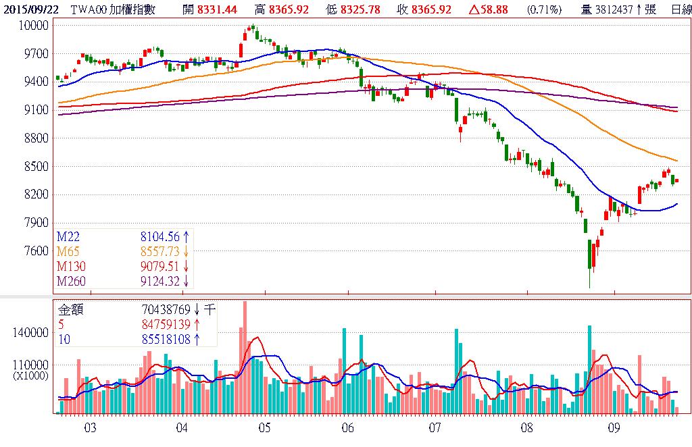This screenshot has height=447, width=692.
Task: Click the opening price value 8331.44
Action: (219, 9)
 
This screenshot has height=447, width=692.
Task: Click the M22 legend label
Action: (68, 236)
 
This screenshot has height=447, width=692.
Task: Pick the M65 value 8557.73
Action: (159, 251)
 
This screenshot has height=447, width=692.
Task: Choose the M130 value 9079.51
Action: (159, 266)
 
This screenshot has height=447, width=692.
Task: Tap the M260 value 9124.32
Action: (159, 281)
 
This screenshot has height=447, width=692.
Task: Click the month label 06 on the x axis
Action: (349, 428)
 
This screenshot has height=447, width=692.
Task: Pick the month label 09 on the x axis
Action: (614, 428)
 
